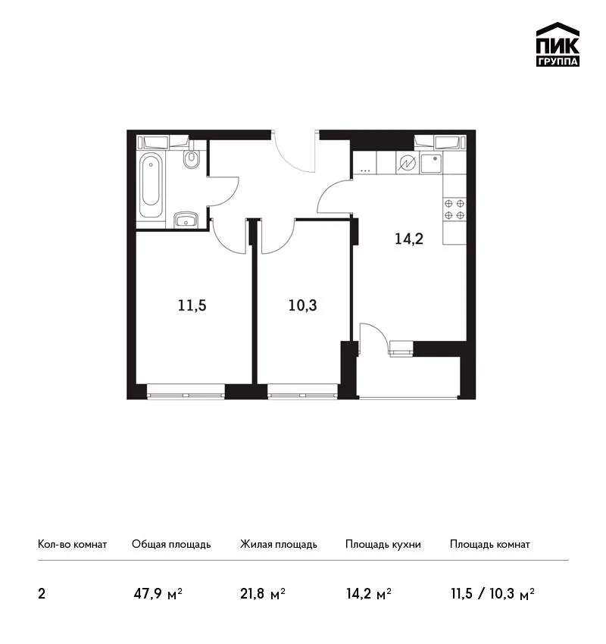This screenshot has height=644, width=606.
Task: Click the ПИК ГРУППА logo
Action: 558,45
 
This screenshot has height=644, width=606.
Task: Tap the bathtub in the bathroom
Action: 151,185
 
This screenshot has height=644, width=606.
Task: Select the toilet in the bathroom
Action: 192,158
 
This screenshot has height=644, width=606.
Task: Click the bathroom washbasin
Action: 186,220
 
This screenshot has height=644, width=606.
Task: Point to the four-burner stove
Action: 454,209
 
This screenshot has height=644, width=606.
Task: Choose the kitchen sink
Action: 431,163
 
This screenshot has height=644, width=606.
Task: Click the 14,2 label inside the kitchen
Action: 409,239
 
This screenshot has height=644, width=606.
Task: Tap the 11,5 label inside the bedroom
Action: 192,305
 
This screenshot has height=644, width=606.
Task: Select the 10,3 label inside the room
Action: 302,305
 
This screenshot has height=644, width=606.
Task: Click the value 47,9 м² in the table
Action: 158,593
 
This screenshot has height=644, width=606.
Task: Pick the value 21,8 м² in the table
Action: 263,593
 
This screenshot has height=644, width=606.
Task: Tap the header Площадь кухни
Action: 383,544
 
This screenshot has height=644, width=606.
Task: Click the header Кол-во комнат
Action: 72,544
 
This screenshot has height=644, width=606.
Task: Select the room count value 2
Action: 42,594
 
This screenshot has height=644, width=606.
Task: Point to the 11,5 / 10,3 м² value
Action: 492,593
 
